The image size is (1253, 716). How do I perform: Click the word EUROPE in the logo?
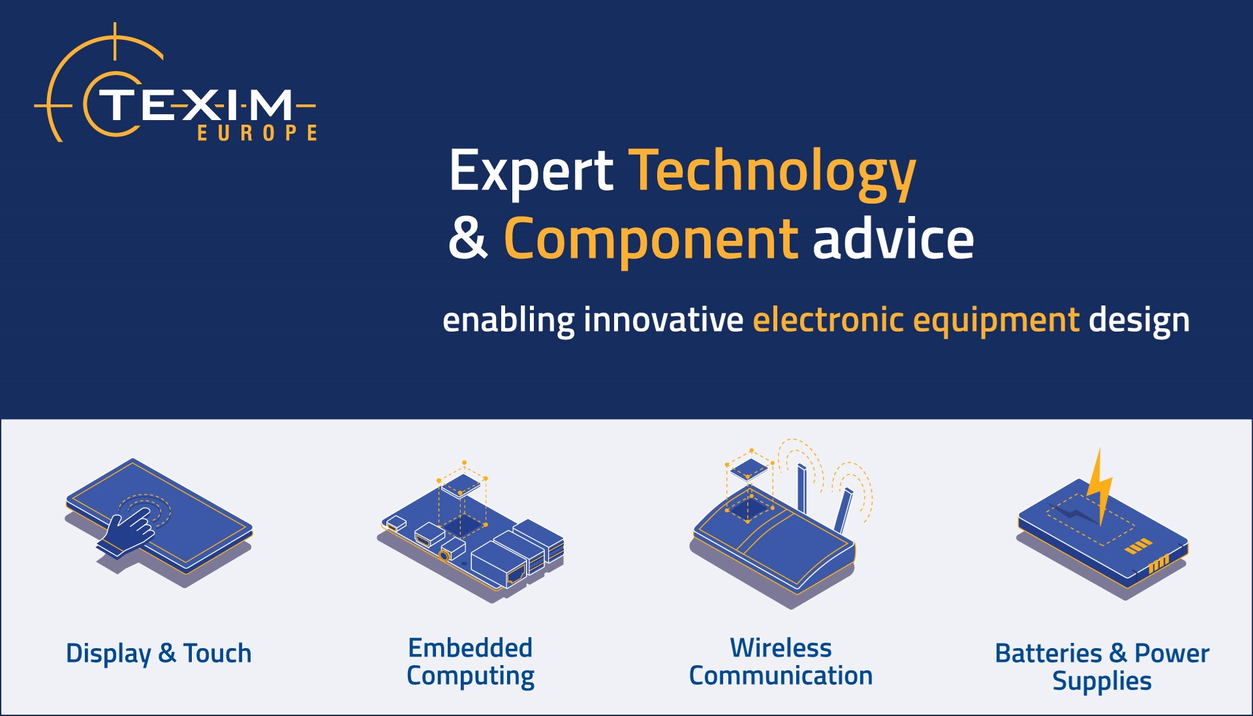pos(257,133)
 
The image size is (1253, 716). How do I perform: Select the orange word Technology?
pos(772,171)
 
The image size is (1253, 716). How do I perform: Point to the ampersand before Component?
pos(468,239)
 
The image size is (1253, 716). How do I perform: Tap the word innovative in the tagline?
pos(663,320)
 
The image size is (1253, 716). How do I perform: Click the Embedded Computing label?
pos(471,662)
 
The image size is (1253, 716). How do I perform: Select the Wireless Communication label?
pos(781,662)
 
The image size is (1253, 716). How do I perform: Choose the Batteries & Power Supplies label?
pos(1102,666)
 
